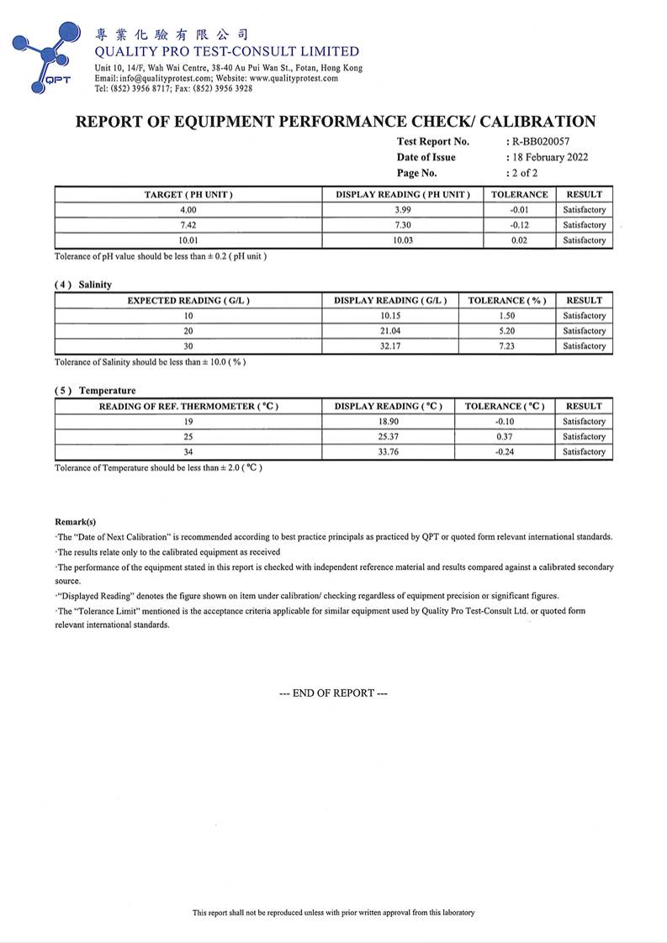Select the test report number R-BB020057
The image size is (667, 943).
click(x=540, y=141)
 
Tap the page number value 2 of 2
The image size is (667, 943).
click(x=525, y=173)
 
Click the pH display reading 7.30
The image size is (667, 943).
click(x=403, y=225)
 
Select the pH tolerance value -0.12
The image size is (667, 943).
click(x=519, y=225)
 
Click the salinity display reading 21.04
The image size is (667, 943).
click(x=390, y=331)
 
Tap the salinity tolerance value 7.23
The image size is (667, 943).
click(x=507, y=346)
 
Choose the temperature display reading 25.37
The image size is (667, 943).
click(x=389, y=437)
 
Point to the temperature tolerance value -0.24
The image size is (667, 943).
click(x=505, y=452)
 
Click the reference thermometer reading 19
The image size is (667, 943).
click(x=188, y=422)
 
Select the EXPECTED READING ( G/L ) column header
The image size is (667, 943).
click(x=188, y=300)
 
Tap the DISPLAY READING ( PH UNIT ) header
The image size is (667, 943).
click(x=403, y=194)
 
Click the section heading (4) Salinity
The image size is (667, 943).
click(x=83, y=285)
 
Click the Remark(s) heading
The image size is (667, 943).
click(x=76, y=522)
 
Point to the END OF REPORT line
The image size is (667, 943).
click(x=334, y=693)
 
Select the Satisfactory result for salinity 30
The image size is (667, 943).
click(x=584, y=346)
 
